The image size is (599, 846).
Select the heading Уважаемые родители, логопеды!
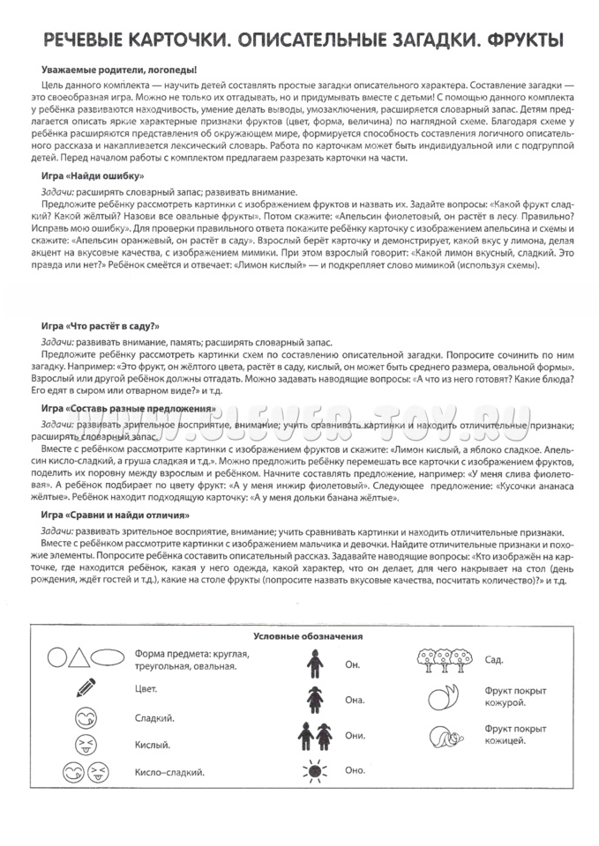(x=119, y=69)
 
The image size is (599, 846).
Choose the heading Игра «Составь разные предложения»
(x=129, y=409)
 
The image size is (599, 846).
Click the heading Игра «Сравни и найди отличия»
(x=116, y=514)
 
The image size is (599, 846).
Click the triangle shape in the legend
(x=79, y=657)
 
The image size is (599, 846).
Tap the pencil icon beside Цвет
(x=86, y=688)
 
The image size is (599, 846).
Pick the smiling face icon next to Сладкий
(x=86, y=716)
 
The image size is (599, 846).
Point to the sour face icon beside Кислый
(x=86, y=745)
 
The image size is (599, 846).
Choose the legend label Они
(x=356, y=735)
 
